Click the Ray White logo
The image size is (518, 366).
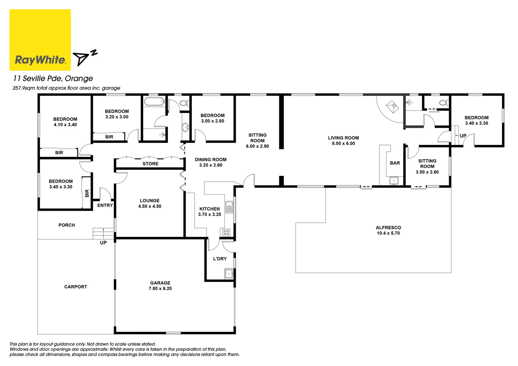40,40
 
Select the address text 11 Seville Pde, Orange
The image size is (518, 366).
53,79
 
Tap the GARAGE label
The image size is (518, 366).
160,283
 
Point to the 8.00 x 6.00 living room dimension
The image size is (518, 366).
343,144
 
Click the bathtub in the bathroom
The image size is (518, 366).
154,101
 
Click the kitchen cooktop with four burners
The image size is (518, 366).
226,232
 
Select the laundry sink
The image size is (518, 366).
229,273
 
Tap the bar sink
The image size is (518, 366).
393,180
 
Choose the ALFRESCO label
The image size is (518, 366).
388,228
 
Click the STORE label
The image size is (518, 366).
150,164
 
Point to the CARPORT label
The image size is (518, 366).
76,287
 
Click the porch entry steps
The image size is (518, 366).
103,233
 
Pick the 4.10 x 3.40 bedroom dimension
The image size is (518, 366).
65,125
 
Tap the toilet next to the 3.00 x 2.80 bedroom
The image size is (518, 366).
184,103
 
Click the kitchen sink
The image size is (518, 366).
230,206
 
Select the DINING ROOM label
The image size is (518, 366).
211,160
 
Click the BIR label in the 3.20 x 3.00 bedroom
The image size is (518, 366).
109,137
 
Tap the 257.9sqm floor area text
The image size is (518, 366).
66,88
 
